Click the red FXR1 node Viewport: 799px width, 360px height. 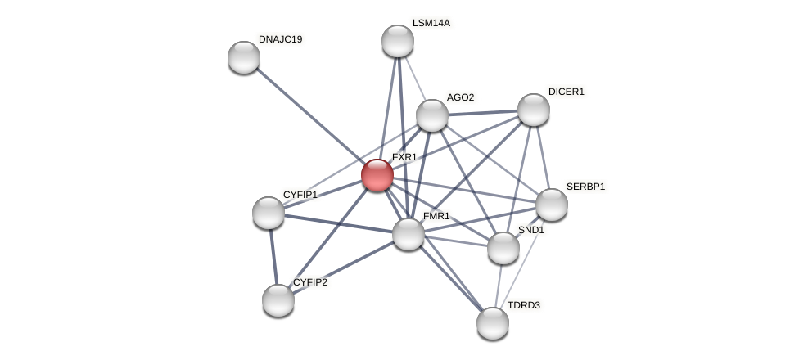(x=377, y=175)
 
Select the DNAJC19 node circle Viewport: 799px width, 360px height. (x=244, y=57)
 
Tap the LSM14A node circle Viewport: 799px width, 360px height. (x=398, y=41)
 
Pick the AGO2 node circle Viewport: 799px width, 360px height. (x=432, y=115)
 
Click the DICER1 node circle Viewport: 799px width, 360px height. (x=534, y=110)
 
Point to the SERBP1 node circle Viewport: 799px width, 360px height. (x=552, y=205)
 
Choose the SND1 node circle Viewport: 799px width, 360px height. (x=503, y=248)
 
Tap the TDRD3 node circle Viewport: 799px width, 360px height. (x=493, y=323)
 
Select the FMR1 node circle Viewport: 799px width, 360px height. (x=409, y=234)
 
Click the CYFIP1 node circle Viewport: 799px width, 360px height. (x=269, y=213)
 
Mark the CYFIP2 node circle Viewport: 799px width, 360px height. (x=278, y=300)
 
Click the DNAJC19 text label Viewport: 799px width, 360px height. (x=280, y=39)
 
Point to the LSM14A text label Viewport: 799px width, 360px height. (x=431, y=23)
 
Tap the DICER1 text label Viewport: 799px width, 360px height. (x=567, y=92)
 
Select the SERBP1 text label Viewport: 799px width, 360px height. (x=585, y=187)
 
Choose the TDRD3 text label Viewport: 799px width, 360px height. (x=524, y=305)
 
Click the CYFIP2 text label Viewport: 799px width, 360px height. (x=310, y=282)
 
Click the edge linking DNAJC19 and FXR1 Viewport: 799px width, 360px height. (x=311, y=116)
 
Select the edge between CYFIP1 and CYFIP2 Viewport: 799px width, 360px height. (x=273, y=257)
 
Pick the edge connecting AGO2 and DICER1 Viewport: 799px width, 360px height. (x=483, y=113)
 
